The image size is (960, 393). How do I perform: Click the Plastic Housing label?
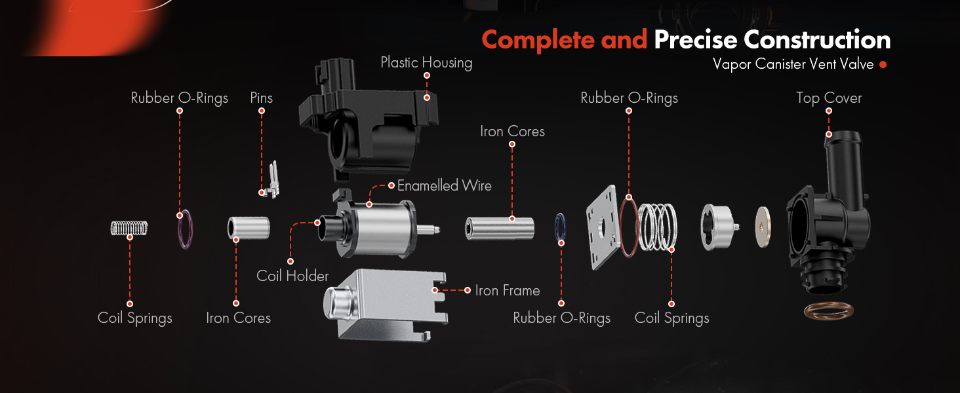[x=426, y=62]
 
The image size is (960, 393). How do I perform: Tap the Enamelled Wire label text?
[x=445, y=185]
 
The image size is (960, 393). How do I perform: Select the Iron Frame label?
[x=508, y=290]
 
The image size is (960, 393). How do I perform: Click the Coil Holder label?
[x=292, y=276]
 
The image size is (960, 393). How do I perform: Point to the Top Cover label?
[x=829, y=98]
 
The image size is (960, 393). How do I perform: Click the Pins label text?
[x=262, y=98]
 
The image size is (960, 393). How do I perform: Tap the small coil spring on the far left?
[x=129, y=228]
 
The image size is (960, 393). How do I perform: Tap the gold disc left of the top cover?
[x=763, y=227]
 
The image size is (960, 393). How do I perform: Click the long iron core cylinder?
[x=500, y=228]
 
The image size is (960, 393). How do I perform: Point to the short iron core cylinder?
[x=249, y=228]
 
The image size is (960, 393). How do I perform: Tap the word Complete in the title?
[x=538, y=41]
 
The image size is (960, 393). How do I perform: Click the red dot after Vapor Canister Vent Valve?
[x=883, y=65]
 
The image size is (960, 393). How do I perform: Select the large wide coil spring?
[x=658, y=227]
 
